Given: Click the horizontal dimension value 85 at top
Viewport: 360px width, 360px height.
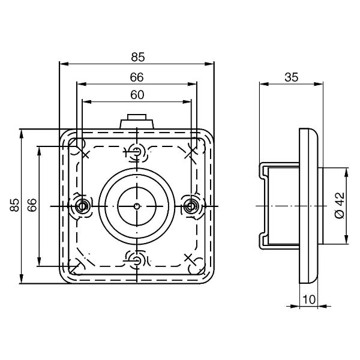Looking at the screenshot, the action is tap(138, 57).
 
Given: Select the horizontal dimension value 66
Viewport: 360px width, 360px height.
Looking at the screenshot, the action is tap(137, 77).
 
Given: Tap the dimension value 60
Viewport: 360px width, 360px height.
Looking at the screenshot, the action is tap(137, 95).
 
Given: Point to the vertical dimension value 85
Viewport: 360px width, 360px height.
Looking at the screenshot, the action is tap(14, 205).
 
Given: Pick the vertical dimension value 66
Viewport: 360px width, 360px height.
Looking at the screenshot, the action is tap(32, 205).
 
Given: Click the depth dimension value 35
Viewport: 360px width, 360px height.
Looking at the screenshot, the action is tap(292, 77).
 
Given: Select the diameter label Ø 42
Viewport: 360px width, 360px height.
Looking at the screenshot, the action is tap(340, 205).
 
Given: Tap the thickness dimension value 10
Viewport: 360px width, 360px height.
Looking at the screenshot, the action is tap(309, 299).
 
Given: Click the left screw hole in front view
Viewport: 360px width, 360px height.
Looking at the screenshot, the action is tap(82, 206).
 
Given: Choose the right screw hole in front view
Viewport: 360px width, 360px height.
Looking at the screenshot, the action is tap(191, 206).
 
